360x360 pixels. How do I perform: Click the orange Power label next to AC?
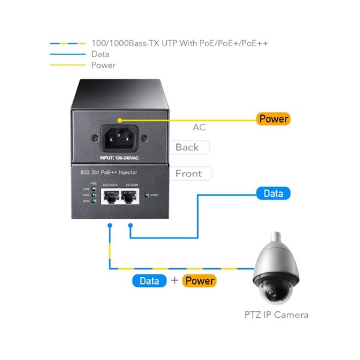click(273, 119)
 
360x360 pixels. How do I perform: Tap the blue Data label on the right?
click(273, 193)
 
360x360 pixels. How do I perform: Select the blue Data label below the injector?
click(149, 280)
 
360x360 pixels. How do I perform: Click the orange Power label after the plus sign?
click(200, 280)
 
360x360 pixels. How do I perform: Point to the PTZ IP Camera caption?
click(277, 314)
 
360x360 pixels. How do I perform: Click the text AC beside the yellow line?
click(199, 128)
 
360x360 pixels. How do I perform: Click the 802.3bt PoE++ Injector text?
click(108, 173)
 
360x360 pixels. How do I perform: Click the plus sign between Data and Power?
click(175, 280)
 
